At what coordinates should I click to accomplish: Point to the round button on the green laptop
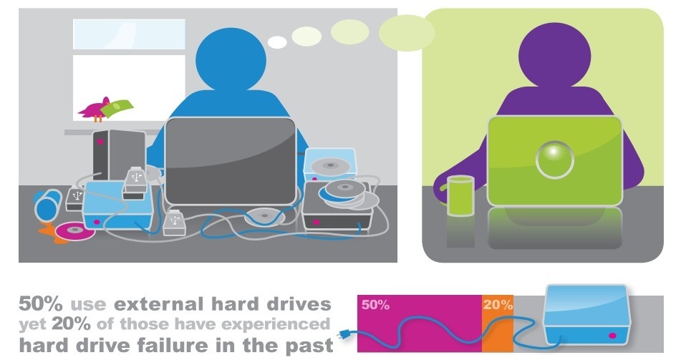click(x=555, y=160)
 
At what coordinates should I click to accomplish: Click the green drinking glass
click(x=460, y=195)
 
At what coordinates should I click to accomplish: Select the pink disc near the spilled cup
click(x=74, y=231)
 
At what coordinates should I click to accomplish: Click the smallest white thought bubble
click(x=277, y=42)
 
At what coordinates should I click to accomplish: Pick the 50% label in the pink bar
click(x=375, y=304)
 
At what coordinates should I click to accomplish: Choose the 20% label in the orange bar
click(x=498, y=304)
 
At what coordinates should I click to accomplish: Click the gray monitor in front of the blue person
click(x=231, y=161)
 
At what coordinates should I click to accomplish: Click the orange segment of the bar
click(x=498, y=323)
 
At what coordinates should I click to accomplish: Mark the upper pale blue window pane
click(x=129, y=34)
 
